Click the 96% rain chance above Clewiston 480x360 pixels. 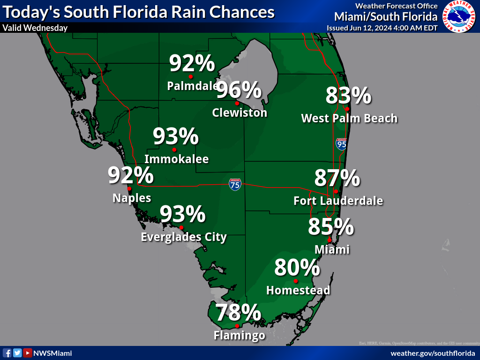coord(238,90)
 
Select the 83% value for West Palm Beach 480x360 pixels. coord(348,96)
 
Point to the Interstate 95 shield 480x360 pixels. coord(341,144)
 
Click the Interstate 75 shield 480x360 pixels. coord(235,184)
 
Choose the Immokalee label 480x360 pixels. coord(176,159)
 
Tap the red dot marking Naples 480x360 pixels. coord(129,189)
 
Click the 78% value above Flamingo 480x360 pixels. coord(238,313)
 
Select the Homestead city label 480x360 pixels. coord(298,291)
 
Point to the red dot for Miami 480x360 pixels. coord(330,240)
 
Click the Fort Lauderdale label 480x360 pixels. coord(338,201)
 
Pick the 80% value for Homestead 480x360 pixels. coord(297,268)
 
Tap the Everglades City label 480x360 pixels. coord(184,237)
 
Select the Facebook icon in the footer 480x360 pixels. coord(7,353)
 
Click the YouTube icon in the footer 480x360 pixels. coord(28,353)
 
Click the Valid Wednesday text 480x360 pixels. coord(35,28)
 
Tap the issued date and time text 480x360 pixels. coord(382,28)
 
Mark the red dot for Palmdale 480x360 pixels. coord(191,76)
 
